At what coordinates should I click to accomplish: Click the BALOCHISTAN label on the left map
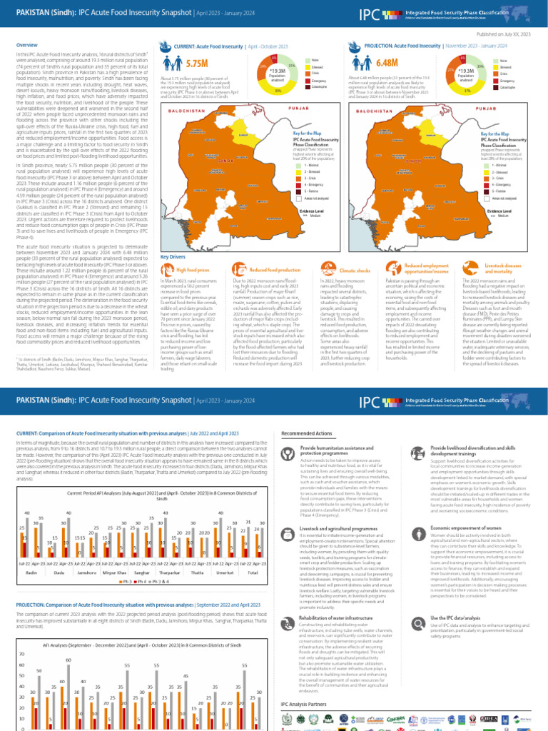[186, 111]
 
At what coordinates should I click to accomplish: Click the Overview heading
[27, 46]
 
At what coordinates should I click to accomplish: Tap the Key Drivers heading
[173, 256]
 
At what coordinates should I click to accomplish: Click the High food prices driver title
[193, 271]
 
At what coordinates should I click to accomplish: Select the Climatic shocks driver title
[354, 271]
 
